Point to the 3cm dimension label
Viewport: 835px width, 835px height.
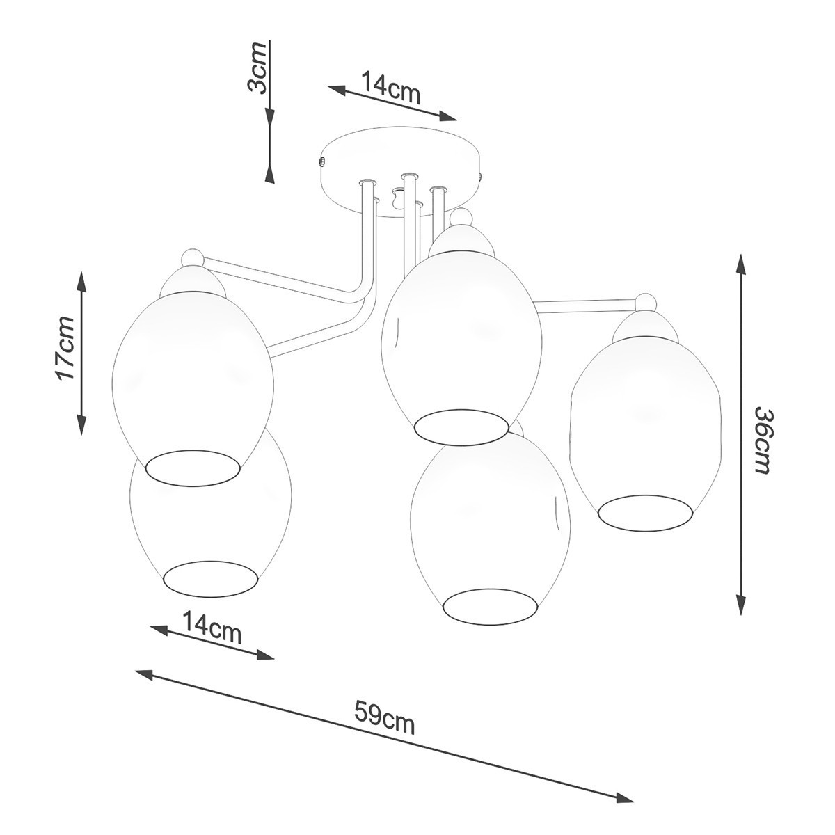(x=259, y=67)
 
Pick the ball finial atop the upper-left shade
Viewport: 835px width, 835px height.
(x=192, y=260)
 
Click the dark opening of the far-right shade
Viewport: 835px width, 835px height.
(x=646, y=512)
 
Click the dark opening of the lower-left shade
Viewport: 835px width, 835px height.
(x=212, y=577)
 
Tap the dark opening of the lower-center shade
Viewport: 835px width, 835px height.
(x=491, y=605)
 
